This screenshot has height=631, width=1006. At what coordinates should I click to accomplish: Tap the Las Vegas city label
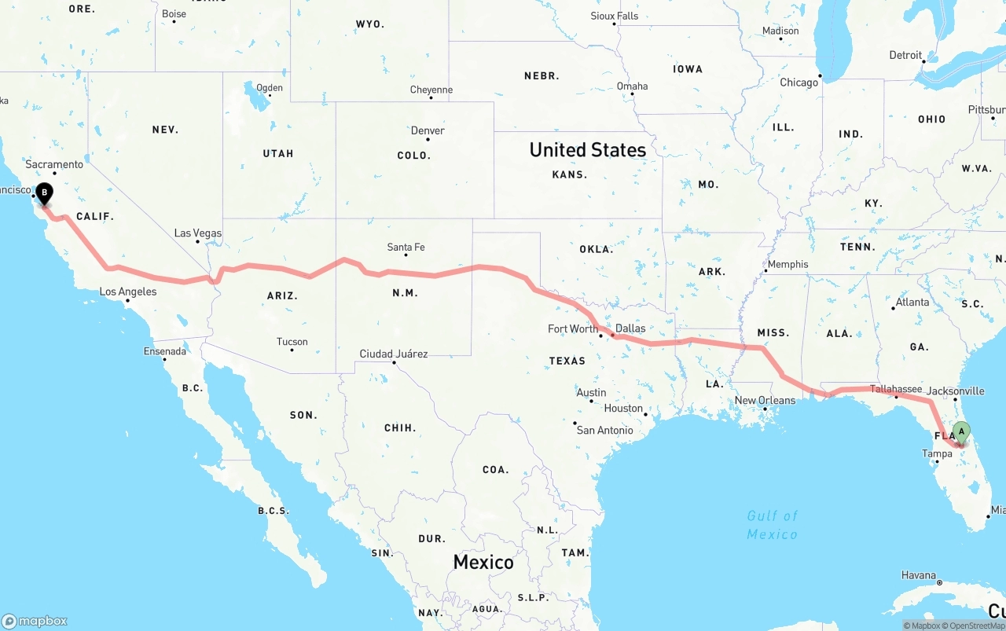point(197,233)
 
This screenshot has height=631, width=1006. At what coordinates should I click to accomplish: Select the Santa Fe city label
point(406,248)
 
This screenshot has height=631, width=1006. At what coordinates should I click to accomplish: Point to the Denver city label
point(428,130)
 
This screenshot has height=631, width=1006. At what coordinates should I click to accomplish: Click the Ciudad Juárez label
point(393,354)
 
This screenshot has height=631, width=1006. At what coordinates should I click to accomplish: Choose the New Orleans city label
point(765,400)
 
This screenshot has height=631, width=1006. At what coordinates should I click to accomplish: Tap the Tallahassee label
point(896,389)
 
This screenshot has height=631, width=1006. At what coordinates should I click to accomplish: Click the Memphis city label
point(788,264)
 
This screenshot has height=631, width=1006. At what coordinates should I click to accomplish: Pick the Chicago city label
point(799,83)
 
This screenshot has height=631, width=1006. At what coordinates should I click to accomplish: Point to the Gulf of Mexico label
point(772,525)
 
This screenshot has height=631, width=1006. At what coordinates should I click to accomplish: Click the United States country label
point(587,149)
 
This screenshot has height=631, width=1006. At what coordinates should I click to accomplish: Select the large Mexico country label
point(483,562)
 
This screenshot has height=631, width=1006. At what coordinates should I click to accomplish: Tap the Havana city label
point(918,575)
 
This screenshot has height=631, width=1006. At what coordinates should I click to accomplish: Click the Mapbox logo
point(35,621)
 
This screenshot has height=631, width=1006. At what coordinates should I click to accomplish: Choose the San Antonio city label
point(604,430)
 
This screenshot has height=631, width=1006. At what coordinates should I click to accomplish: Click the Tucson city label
point(292,342)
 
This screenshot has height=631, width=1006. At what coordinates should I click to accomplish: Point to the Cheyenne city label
point(431,90)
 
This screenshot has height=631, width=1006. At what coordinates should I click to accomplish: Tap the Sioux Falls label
point(614,16)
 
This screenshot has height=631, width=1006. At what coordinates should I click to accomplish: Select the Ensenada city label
point(164,351)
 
